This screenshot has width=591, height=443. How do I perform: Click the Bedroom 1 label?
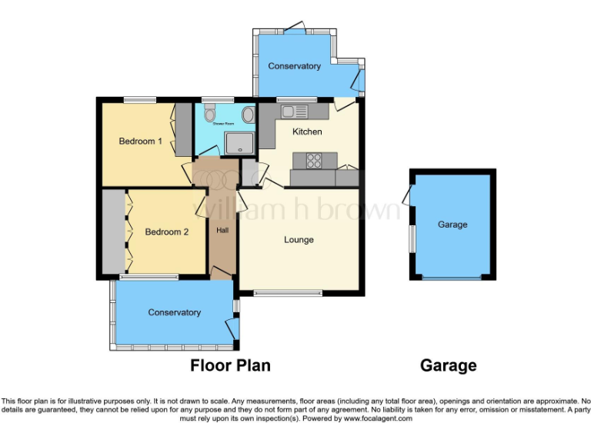pos(140,142)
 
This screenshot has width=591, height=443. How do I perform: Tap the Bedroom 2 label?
pos(166,232)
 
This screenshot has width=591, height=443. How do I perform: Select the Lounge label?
pos(299,240)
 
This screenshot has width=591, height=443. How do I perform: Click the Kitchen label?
pos(307,132)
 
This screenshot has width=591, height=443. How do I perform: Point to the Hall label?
pos(222,230)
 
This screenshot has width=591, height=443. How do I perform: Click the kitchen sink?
pos(293,112)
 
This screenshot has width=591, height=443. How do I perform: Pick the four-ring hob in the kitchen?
pos(315,160)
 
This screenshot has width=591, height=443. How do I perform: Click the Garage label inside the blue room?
pos(452,225)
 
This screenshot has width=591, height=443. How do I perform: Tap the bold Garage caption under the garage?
pos(448,366)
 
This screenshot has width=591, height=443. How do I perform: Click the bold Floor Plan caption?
pos(230,366)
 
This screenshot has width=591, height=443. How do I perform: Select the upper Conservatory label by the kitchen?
pos(294,67)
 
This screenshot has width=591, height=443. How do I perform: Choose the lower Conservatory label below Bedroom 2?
pos(174,312)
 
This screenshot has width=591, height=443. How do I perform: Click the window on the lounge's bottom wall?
pos(288,292)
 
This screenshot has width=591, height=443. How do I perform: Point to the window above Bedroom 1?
pos(139,98)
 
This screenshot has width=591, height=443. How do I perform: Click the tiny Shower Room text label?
pos(224,124)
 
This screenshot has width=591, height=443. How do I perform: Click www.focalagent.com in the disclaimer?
pos(379,419)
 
